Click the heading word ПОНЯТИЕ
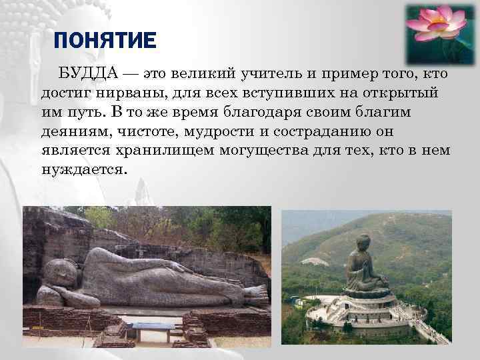(104, 42)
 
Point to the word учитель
(257, 72)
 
